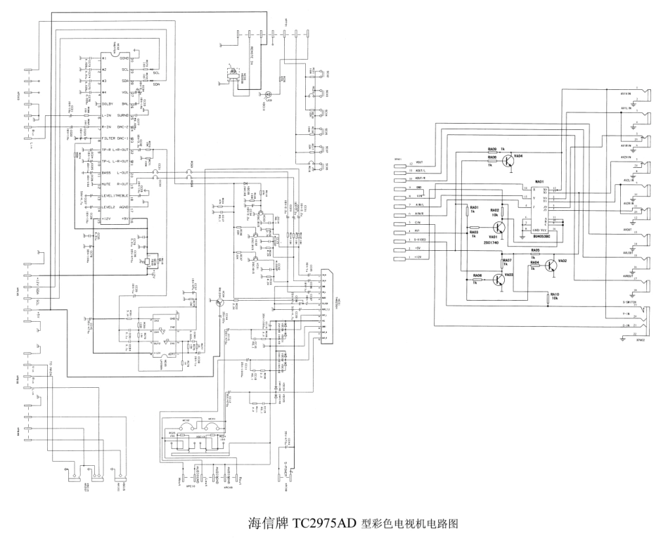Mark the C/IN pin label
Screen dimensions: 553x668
point(419,223)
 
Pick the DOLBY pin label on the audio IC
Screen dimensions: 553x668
point(94,104)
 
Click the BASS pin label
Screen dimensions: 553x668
point(88,172)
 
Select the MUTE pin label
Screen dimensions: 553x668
point(88,184)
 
